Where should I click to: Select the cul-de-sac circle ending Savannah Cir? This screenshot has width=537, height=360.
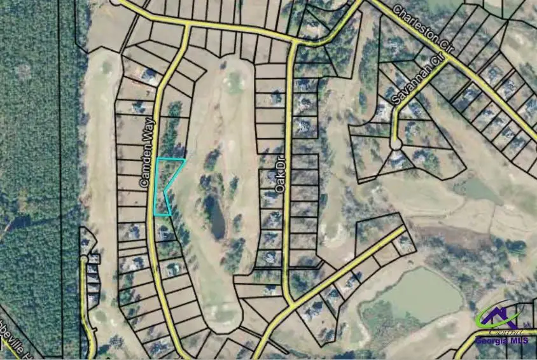[x=396, y=145]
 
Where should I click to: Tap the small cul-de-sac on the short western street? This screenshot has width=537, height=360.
[x=84, y=259]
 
